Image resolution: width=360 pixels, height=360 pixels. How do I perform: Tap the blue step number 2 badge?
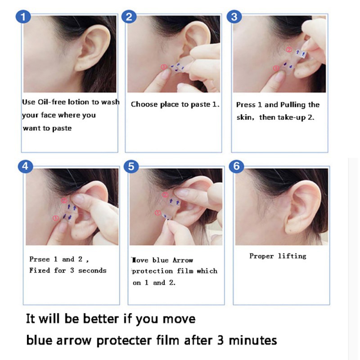point(130,18)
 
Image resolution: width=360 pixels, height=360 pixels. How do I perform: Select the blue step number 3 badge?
point(234,18)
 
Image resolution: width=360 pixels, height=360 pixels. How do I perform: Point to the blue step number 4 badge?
point(25,166)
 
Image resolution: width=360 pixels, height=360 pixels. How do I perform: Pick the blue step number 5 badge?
point(130,166)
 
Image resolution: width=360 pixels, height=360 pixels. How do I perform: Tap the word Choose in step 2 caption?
point(143,104)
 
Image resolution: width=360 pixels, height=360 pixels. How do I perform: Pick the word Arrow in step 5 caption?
point(183,260)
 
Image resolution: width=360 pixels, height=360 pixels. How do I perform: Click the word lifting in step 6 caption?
point(292,256)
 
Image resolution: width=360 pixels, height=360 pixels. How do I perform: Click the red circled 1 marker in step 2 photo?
point(163,67)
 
